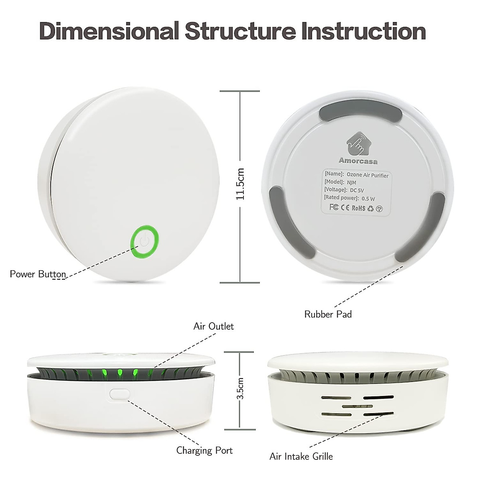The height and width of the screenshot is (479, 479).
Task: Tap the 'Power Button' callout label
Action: tap(38, 274)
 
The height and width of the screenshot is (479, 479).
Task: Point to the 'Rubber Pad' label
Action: tap(328, 314)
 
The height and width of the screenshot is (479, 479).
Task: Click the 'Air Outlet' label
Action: tap(214, 326)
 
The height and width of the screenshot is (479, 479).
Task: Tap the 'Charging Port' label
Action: tap(204, 451)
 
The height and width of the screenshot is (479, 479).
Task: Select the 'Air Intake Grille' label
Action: tap(301, 456)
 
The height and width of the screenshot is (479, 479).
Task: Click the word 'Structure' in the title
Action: tap(240, 31)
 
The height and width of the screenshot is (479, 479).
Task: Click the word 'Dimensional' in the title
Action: tap(109, 31)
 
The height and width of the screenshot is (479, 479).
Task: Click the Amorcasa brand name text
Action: tap(358, 161)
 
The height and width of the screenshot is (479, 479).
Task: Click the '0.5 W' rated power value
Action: tap(368, 198)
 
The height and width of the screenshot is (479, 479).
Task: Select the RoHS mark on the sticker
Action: tap(358, 208)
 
